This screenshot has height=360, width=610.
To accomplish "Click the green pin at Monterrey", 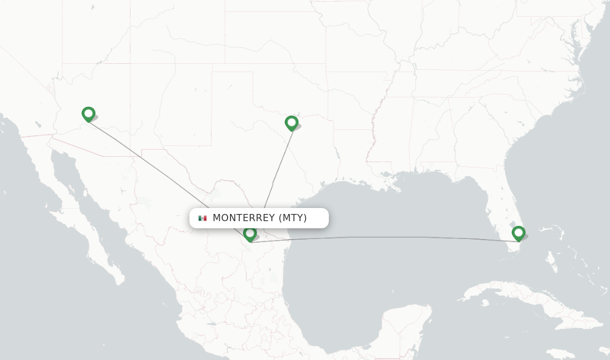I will click(250, 234).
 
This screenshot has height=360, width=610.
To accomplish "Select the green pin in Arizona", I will click(88, 113).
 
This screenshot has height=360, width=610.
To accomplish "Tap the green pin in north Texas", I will click(291, 123).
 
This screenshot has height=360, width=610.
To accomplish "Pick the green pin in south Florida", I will click(518, 232).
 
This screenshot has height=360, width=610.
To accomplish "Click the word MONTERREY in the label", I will click(244, 218).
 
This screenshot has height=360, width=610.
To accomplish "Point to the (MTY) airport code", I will click(292, 218).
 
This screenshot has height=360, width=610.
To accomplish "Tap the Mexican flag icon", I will click(203, 218).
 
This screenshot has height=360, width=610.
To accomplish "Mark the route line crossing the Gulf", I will click(387, 238).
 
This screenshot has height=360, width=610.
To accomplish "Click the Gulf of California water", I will click(101, 215).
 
